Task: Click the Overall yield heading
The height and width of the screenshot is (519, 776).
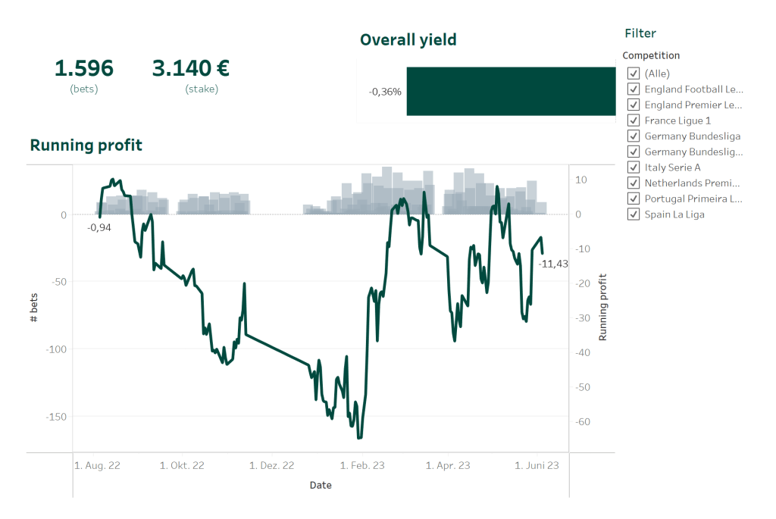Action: click(x=408, y=40)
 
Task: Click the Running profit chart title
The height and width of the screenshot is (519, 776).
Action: click(x=86, y=145)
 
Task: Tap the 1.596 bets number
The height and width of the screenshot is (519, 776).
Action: click(x=83, y=69)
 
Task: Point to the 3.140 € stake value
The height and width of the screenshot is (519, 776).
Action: click(x=191, y=69)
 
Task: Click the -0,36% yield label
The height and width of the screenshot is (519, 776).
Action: click(x=385, y=92)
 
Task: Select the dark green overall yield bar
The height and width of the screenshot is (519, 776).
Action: click(x=511, y=92)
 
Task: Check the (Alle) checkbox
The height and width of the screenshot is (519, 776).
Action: click(x=634, y=73)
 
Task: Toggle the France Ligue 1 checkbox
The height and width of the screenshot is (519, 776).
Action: click(x=634, y=120)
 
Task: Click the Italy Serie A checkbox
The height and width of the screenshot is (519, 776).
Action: click(x=634, y=167)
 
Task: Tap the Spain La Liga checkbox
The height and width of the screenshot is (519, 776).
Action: click(x=634, y=214)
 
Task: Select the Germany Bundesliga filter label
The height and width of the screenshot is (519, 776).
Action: click(x=692, y=136)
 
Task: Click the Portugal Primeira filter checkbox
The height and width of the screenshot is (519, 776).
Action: click(x=634, y=199)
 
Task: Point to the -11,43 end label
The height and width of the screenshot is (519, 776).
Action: click(x=553, y=264)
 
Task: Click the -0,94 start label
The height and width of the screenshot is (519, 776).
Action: click(x=99, y=227)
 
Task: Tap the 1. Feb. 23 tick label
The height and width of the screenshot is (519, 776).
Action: click(x=362, y=465)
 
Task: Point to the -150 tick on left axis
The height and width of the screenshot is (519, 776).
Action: click(x=55, y=417)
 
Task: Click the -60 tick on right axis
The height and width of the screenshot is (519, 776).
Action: click(x=582, y=422)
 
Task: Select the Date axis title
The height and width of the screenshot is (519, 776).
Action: click(x=321, y=485)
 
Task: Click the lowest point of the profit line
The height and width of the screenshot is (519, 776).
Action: click(x=359, y=437)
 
